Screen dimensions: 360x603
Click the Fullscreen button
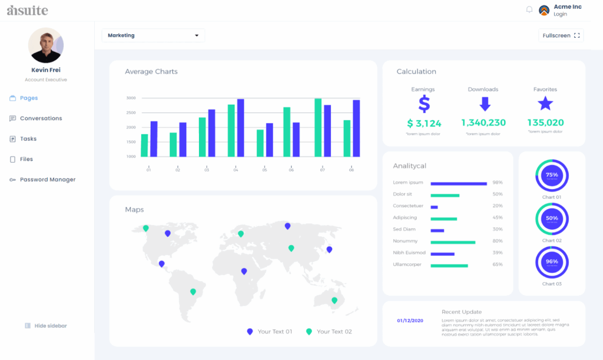561,35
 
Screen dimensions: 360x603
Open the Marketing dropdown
153,35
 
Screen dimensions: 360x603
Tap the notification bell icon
529,10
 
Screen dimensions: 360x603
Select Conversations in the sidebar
41,118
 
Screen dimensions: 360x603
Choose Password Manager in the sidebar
47,180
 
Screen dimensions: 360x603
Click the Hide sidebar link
50,326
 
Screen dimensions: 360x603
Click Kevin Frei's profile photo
46,45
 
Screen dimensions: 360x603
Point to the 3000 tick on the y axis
131,98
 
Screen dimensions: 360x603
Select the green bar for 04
231,131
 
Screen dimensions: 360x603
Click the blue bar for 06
296,140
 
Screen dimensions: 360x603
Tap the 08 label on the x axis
352,170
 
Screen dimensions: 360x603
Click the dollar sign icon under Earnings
424,104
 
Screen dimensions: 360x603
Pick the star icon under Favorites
545,104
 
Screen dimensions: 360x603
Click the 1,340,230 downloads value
483,123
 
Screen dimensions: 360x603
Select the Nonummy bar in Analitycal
453,242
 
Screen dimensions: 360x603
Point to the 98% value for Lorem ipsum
498,183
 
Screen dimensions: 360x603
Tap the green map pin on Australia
334,300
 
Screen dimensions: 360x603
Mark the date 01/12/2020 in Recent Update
410,321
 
